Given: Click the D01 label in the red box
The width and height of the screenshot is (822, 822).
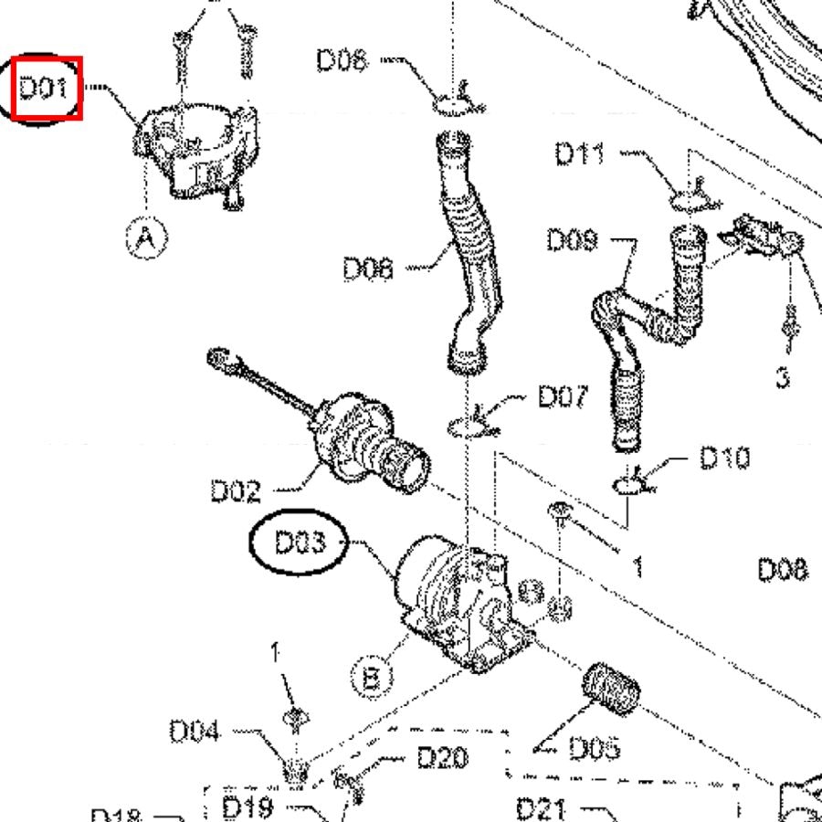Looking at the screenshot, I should coord(44,89).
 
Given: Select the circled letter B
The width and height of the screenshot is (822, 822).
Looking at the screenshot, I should coord(372,679).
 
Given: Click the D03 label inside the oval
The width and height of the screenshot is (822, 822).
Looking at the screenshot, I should coord(300,543).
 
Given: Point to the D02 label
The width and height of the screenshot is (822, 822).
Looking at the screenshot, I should coord(236,491).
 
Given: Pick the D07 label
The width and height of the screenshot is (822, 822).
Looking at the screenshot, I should coord(562,396).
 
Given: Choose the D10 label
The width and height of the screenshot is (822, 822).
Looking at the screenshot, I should coord(724,458).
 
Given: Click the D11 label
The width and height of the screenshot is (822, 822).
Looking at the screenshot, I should coord(580,153).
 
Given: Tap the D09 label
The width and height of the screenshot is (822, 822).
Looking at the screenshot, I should coord(572,239).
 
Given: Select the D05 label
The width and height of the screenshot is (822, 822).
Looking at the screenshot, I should coord(595,748).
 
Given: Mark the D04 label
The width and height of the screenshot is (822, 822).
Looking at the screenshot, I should coord(194,732).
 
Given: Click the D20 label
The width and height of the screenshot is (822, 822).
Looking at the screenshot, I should coord(442,757).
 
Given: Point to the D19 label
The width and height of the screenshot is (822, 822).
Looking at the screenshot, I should coord(248,807).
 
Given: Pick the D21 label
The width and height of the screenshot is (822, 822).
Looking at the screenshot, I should coord(542,808).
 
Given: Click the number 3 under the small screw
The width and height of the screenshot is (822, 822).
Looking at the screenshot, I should coord(783,376).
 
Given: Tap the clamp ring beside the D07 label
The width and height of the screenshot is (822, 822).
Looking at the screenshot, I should coord(469,426).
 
